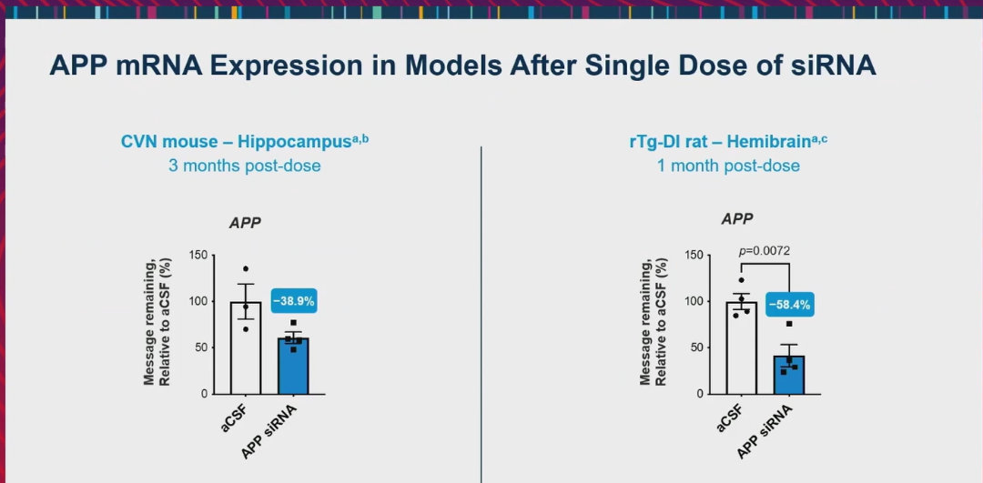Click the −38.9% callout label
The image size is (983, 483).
(294, 301)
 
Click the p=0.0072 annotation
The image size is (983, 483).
(765, 250)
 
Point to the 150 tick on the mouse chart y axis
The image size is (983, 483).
(198, 255)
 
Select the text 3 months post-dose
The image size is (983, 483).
(244, 166)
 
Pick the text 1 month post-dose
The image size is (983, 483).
(728, 166)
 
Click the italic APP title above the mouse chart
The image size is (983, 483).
(245, 223)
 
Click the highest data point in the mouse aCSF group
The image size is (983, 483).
(246, 269)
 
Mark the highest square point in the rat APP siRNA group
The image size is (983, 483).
(789, 325)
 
